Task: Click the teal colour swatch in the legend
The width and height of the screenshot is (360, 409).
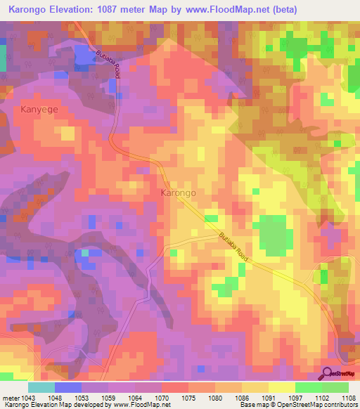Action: pos(41,387)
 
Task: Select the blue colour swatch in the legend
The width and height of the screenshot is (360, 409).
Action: pos(68,387)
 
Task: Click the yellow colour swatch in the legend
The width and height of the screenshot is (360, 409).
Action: pos(281,387)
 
